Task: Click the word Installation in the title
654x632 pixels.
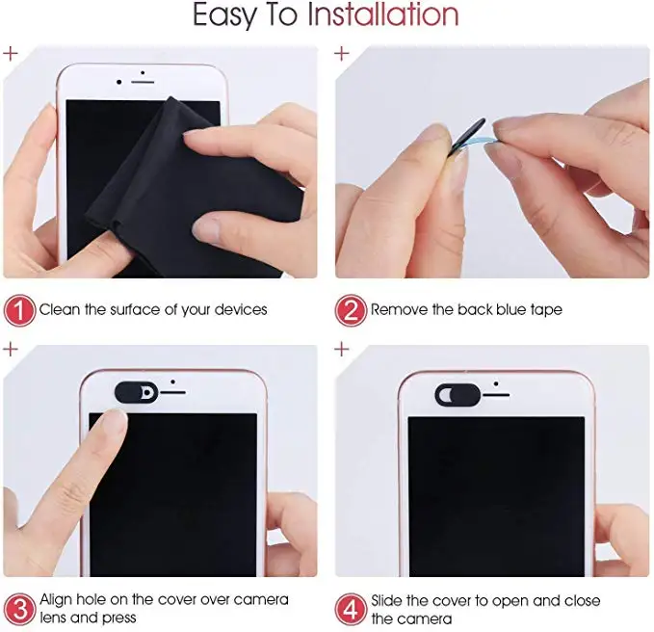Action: click(382, 15)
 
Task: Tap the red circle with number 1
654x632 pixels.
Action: click(19, 309)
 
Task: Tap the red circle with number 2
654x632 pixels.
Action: click(351, 309)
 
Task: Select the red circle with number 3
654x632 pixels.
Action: click(19, 608)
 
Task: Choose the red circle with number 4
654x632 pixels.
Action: click(351, 608)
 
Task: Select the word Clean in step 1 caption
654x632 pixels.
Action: click(60, 309)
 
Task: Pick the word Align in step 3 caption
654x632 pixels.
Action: click(59, 599)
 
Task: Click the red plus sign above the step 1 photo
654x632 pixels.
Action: click(11, 53)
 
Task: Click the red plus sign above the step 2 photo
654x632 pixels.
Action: click(342, 53)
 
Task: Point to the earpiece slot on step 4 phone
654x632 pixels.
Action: click(496, 393)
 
